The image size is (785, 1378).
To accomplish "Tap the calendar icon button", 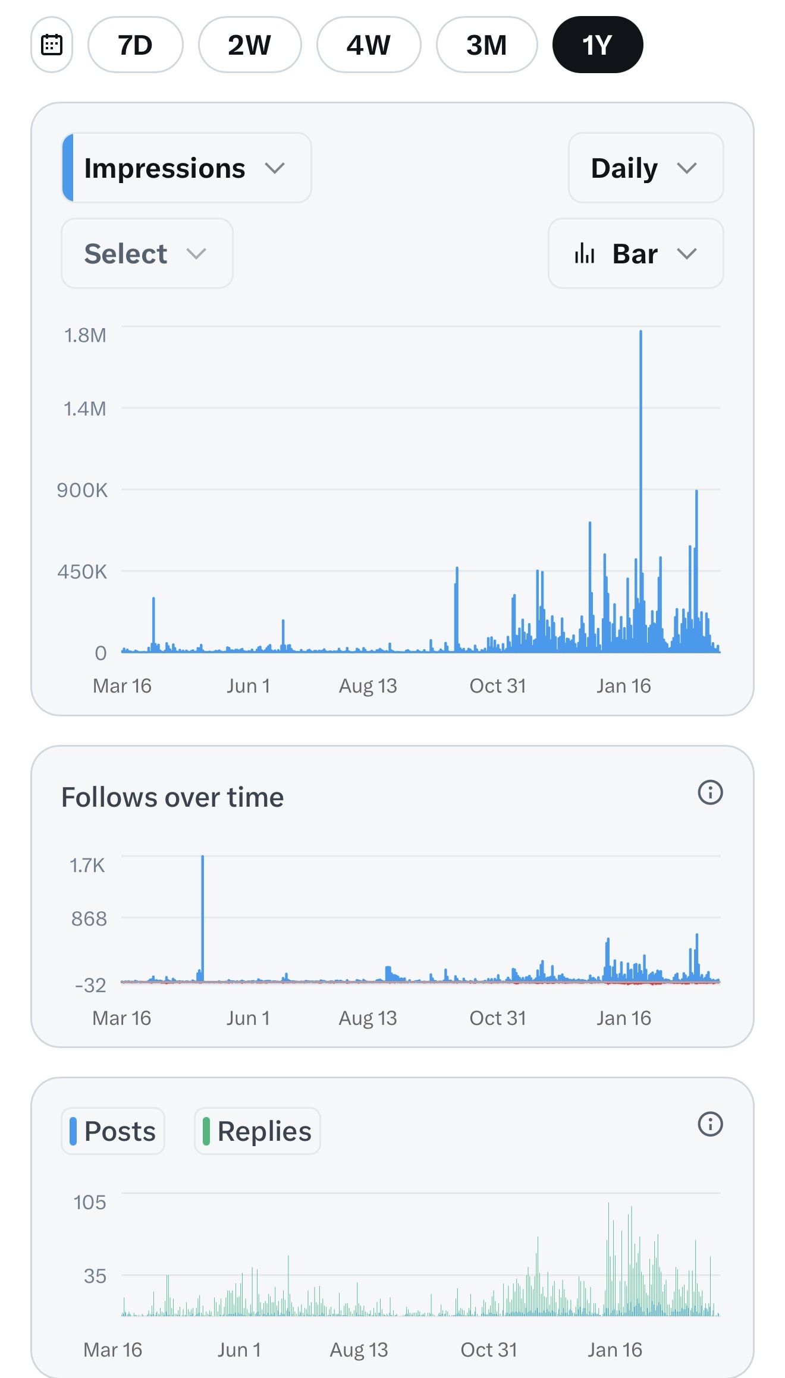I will coord(52,45).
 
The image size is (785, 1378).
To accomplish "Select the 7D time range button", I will coord(135,45).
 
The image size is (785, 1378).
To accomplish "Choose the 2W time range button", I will coord(249,45).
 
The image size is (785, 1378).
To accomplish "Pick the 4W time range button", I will coord(369,45).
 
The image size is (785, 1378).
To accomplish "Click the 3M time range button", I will coord(486,45).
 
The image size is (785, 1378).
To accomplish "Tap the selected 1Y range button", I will coord(597,45).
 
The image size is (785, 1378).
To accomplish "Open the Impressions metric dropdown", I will coord(186,168).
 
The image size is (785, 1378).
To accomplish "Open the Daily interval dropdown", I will coord(645,168).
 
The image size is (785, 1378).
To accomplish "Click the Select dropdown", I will coord(147,254).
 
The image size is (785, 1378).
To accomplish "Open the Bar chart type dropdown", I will coord(635,254).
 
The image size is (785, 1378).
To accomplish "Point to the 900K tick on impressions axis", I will coord(83,490).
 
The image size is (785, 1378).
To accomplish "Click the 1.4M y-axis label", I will coord(85,409).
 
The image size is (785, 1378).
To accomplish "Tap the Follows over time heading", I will coord(172,797).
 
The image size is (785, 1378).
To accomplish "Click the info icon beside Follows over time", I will coord(710,792).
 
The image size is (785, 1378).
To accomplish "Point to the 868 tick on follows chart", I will coord(89,919).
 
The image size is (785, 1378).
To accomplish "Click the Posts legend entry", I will coord(113,1131).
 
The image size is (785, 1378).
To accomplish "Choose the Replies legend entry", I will coord(258,1131).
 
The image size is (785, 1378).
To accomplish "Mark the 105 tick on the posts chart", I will coord(90,1203).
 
